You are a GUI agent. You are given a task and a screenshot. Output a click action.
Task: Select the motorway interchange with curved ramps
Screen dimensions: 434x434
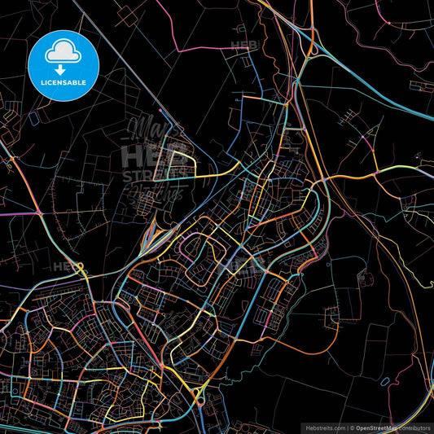(x=307, y=49)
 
